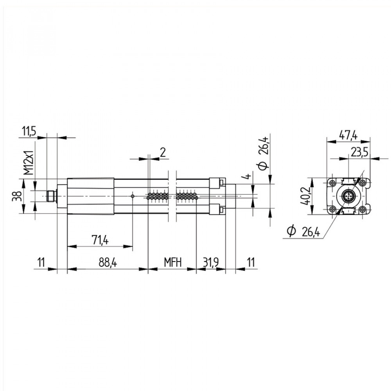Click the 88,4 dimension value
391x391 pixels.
pyautogui.click(x=108, y=263)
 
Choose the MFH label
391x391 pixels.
pyautogui.click(x=172, y=263)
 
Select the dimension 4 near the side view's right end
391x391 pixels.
pyautogui.click(x=246, y=177)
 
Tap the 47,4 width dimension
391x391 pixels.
pyautogui.click(x=348, y=136)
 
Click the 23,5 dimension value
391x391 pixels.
pyautogui.click(x=359, y=153)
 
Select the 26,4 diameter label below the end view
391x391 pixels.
pyautogui.click(x=305, y=232)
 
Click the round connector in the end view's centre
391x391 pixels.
pyautogui.click(x=348, y=196)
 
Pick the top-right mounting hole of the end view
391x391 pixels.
pyautogui.click(x=362, y=183)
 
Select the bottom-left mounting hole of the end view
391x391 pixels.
pyautogui.click(x=332, y=209)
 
